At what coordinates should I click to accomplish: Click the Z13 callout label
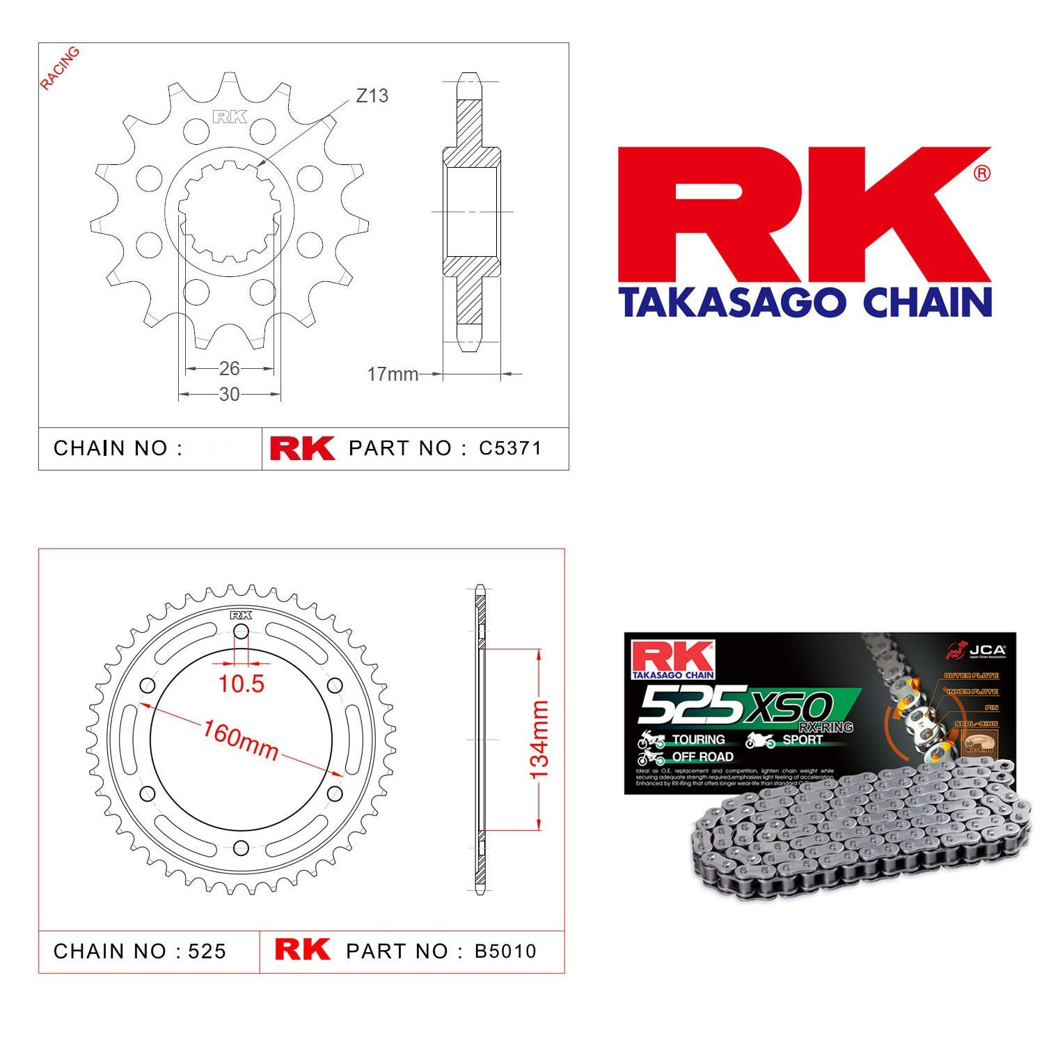[x=372, y=96]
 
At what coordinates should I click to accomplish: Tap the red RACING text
[x=59, y=68]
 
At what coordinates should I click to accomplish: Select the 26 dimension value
[x=229, y=368]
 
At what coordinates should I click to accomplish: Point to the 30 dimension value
[x=229, y=395]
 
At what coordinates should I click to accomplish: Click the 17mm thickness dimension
[x=393, y=374]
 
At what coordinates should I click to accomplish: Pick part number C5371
[x=509, y=448]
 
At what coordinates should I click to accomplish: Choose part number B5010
[x=505, y=951]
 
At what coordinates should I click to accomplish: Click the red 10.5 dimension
[x=241, y=684]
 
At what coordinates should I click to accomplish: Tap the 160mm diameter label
[x=241, y=740]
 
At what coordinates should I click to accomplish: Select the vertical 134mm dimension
[x=539, y=740]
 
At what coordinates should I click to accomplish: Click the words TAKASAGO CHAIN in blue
[x=805, y=303]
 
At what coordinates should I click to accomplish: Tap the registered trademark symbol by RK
[x=981, y=173]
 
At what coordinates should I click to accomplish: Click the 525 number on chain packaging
[x=689, y=704]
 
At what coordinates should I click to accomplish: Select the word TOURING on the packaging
[x=698, y=739]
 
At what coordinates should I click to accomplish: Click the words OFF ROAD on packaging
[x=702, y=757]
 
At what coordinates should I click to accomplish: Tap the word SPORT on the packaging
[x=802, y=739]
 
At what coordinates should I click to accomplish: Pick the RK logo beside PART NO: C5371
[x=302, y=448]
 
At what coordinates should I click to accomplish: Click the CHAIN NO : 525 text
[x=140, y=951]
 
